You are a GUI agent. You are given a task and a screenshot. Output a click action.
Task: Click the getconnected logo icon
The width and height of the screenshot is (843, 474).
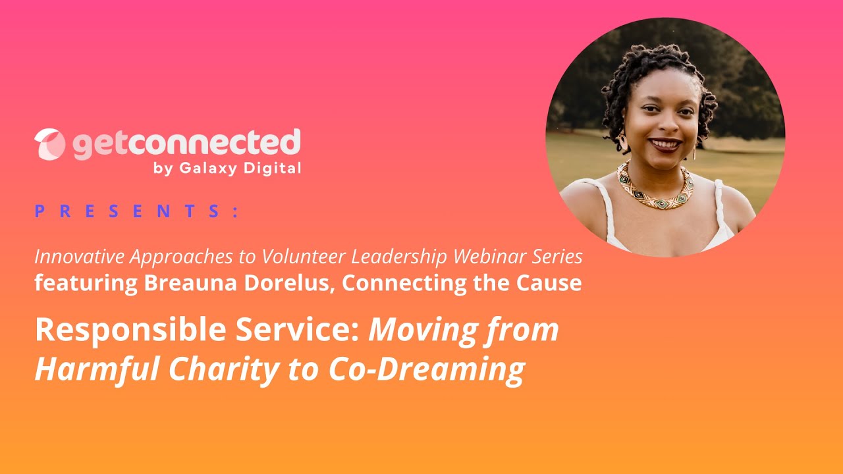click(49, 144)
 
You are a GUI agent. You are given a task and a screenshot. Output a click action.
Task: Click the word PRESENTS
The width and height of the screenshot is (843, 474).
click(136, 211)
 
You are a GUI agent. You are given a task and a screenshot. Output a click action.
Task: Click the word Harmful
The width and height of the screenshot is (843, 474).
click(95, 370)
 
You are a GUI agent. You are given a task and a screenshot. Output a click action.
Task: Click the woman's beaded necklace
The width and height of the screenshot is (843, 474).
click(655, 187)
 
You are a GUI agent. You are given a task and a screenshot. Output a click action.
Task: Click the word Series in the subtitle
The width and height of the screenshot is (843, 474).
click(560, 257)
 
